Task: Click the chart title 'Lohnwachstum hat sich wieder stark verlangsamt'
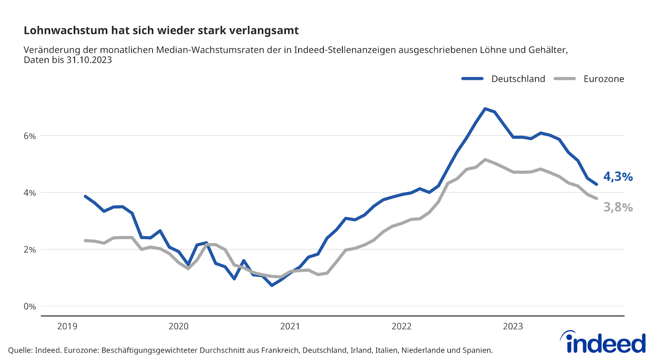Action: click(161, 31)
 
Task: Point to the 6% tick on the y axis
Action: click(30, 136)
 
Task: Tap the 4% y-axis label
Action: click(30, 193)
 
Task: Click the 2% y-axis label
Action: click(30, 249)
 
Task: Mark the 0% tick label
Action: click(30, 306)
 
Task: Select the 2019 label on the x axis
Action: click(67, 326)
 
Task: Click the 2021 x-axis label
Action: click(290, 326)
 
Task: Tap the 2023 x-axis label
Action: click(513, 326)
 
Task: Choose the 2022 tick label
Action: click(401, 326)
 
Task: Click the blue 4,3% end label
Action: click(618, 176)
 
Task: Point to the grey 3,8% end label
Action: click(618, 207)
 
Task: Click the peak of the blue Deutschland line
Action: click(485, 109)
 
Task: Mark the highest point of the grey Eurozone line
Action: click(485, 160)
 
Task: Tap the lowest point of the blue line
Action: click(272, 285)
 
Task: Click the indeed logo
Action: click(603, 342)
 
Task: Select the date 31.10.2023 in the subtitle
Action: click(89, 60)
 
